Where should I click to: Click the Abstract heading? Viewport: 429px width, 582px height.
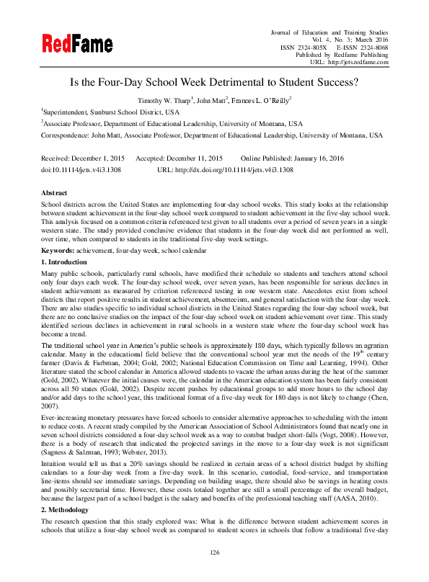pyautogui.click(x=55, y=193)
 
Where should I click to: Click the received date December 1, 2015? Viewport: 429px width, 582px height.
pyautogui.click(x=99, y=157)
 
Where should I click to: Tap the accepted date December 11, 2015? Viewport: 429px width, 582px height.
pyautogui.click(x=190, y=157)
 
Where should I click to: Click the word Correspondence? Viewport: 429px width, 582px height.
pyautogui.click(x=65, y=135)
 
